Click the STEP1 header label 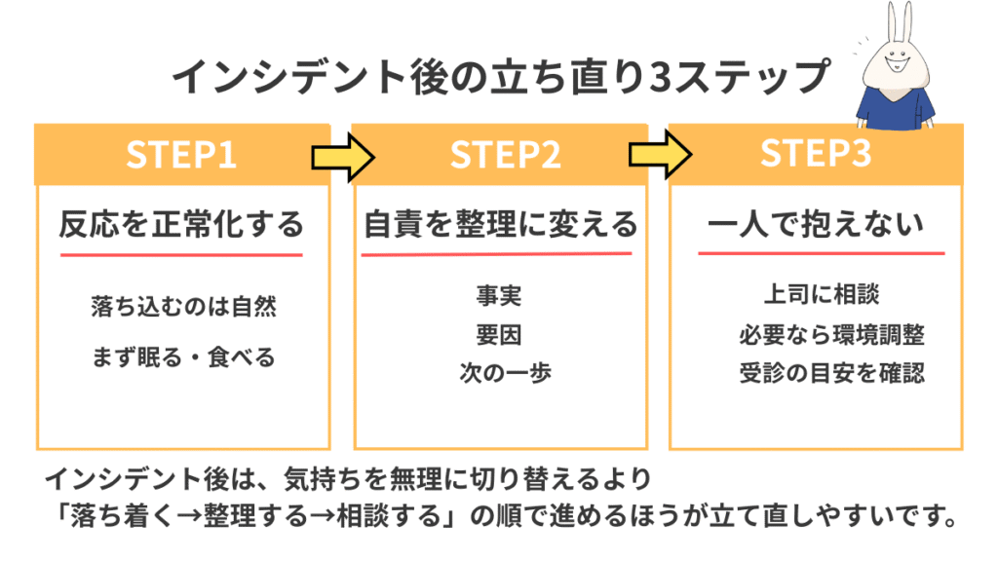181,155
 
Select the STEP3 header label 815,154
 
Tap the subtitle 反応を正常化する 181,226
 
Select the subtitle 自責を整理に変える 500,226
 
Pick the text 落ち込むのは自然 182,308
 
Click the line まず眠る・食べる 182,356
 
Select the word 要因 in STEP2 499,335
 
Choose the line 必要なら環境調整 831,335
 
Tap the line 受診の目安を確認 831,372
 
